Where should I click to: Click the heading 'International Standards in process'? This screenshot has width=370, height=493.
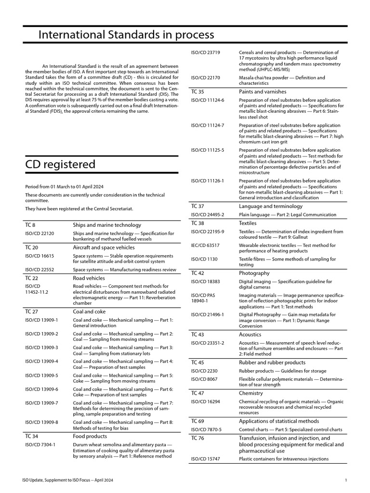click(126, 35)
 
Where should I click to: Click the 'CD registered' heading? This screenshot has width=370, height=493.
click(60, 164)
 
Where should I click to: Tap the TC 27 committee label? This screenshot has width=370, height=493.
click(31, 311)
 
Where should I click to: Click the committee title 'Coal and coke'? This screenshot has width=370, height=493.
click(89, 311)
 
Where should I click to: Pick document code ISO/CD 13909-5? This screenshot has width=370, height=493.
click(41, 375)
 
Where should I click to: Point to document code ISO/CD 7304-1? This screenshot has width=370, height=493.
click(40, 444)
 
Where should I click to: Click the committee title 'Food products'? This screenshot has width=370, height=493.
click(90, 436)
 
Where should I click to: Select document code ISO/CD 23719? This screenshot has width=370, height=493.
click(206, 52)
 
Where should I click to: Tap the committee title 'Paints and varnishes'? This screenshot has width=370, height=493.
click(263, 91)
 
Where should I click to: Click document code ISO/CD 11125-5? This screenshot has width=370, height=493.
click(208, 150)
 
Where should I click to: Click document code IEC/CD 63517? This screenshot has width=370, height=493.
click(205, 245)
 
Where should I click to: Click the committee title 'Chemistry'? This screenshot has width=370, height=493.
click(251, 393)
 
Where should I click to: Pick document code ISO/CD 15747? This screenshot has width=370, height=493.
click(206, 459)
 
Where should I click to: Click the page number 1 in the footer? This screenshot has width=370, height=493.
click(346, 480)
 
